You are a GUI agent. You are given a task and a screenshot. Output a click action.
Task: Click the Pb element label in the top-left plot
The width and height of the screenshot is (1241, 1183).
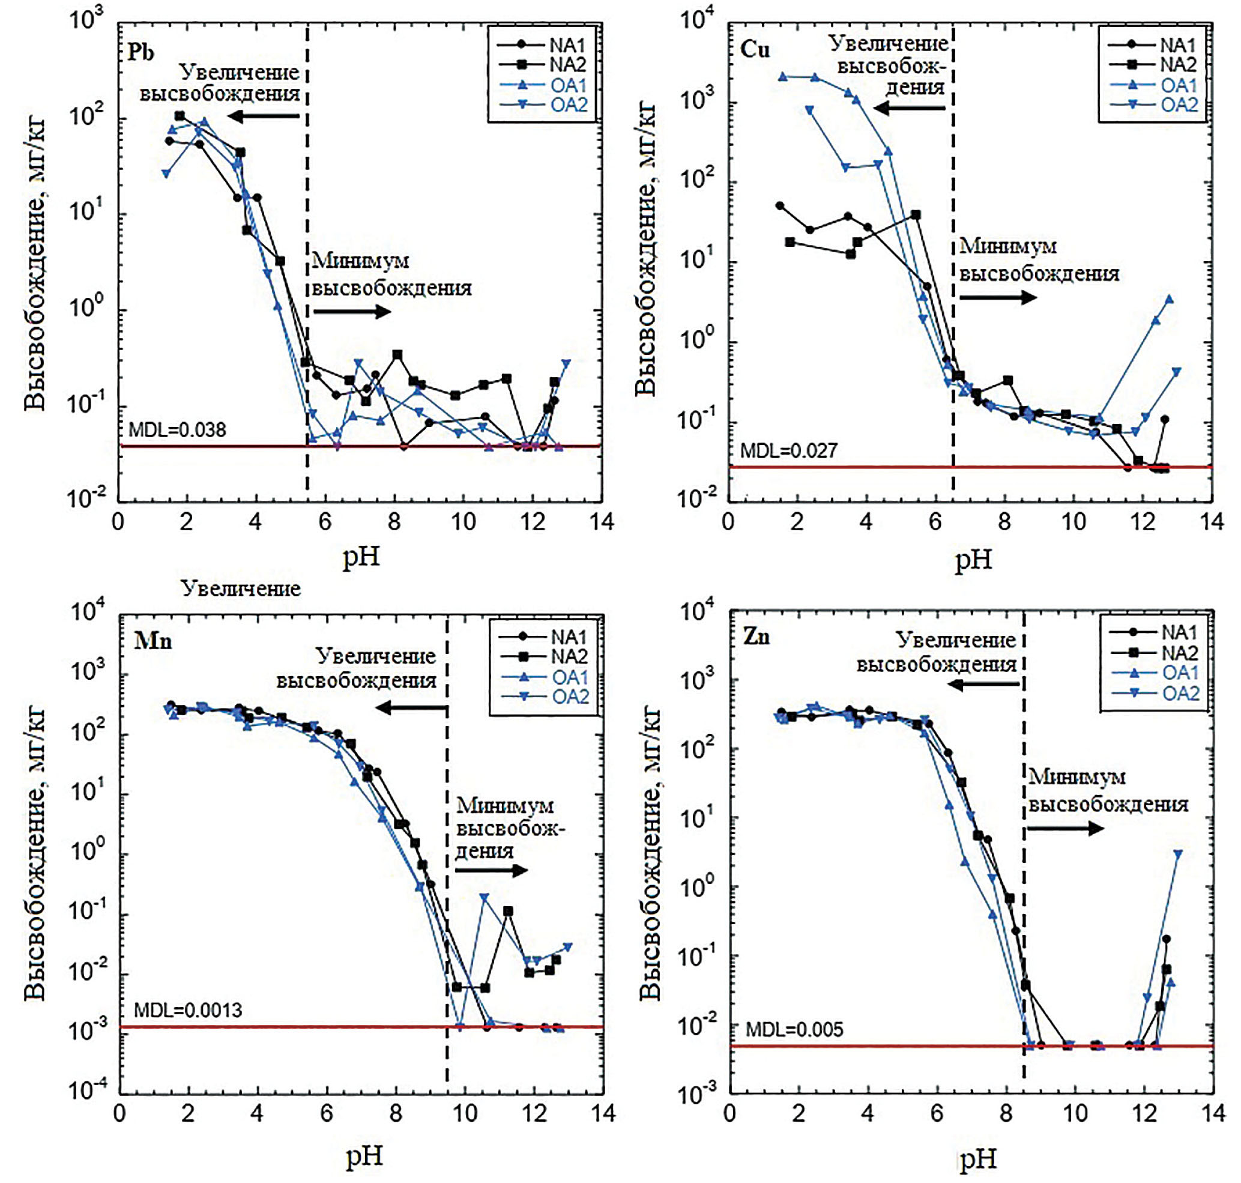pos(140,51)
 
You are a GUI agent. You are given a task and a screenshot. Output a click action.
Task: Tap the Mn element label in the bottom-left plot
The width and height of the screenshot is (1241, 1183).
pos(152,641)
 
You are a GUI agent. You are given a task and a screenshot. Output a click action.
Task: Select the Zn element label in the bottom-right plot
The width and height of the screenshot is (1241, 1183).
pos(756,637)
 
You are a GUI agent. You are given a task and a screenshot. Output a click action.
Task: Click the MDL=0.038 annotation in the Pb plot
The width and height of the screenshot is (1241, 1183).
pos(177,430)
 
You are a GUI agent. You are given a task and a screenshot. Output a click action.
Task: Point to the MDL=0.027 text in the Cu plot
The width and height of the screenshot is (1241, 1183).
pos(788,450)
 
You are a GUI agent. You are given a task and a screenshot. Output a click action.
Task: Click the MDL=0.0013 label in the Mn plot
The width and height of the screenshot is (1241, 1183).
pos(188,1010)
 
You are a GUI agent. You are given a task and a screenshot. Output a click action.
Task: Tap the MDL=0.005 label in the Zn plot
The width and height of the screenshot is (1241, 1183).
pos(794,1030)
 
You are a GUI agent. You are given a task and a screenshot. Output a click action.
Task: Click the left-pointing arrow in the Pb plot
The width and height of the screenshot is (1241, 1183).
pos(264,116)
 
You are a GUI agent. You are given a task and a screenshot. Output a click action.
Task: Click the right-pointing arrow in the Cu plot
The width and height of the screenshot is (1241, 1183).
pos(998,297)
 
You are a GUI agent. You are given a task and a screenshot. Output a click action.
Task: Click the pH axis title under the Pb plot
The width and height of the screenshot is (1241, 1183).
pos(361,556)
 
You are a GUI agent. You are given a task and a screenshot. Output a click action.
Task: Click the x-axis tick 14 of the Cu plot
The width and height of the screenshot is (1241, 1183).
pos(1212,522)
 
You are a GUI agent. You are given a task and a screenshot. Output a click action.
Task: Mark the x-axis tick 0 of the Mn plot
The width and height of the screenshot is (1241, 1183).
pos(119,1113)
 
